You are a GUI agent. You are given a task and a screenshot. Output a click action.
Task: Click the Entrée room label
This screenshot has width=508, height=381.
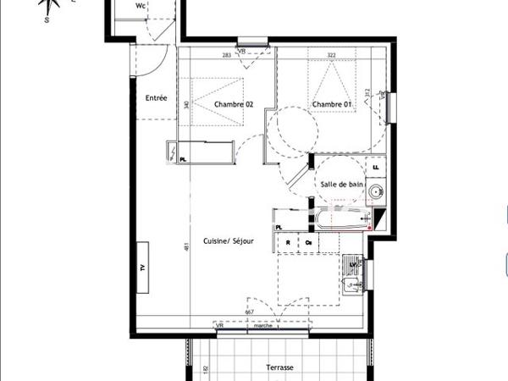click(156, 98)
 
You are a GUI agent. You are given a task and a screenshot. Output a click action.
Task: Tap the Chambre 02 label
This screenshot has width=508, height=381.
click(234, 104)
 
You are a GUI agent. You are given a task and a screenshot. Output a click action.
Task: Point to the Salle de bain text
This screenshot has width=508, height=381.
click(341, 184)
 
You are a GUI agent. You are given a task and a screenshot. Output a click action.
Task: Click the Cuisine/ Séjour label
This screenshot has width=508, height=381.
click(229, 241)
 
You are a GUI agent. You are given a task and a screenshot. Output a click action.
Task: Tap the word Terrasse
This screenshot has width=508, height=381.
click(278, 367)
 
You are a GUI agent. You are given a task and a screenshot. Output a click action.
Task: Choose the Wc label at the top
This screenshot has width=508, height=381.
click(141, 5)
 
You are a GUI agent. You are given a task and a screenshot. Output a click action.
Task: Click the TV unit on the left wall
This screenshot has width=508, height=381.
click(141, 267)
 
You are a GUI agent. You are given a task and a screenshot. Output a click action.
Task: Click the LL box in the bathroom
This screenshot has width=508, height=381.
click(376, 168)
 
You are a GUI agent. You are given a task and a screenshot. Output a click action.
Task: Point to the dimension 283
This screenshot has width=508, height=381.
click(227, 55)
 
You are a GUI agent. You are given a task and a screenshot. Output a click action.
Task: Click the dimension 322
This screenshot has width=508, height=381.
click(333, 55)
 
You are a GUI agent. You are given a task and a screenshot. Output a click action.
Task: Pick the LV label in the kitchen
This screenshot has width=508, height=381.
click(351, 264)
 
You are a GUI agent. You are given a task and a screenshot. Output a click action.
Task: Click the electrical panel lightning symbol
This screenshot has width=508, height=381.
click(174, 152)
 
